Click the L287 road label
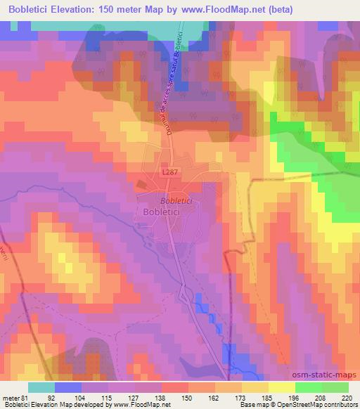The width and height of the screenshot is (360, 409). tap(169, 171)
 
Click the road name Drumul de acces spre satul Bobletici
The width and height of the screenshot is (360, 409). tap(169, 77)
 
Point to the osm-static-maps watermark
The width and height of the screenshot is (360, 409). tap(329, 375)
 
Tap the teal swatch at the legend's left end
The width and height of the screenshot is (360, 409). tap(41, 387)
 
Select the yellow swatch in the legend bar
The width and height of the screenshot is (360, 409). tap(281, 387)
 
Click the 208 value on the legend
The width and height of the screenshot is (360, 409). tap(321, 397)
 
